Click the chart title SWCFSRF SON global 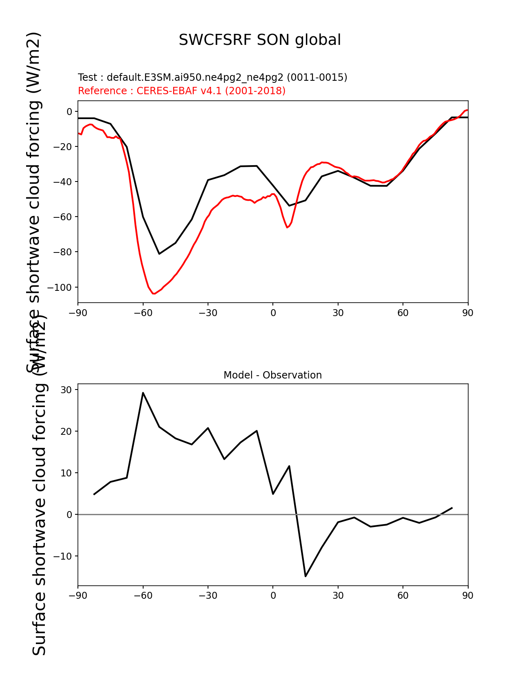click(260, 40)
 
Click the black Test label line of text click(212, 77)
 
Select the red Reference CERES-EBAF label click(181, 91)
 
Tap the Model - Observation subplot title click(272, 375)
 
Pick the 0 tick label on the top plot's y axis click(69, 112)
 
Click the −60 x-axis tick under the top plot click(143, 313)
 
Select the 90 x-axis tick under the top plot click(468, 313)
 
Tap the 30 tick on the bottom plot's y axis click(66, 390)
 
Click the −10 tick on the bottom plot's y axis click(64, 556)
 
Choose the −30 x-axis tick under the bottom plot click(208, 596)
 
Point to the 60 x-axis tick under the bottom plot click(403, 596)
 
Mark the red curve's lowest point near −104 click(154, 294)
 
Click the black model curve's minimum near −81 click(159, 254)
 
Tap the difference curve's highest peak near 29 click(143, 393)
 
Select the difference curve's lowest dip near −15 click(305, 576)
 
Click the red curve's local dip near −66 click(287, 227)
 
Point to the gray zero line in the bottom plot click(367, 515)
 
